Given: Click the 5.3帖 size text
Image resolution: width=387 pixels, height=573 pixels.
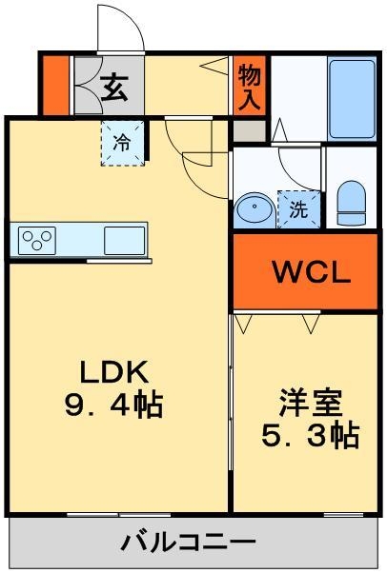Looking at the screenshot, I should [311, 436].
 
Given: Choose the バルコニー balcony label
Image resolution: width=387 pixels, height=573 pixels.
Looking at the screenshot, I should [188, 543].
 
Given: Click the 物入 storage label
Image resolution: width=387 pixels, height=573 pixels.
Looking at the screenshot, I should [249, 85].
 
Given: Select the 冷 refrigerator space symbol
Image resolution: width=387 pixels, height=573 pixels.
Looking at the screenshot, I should [122, 144].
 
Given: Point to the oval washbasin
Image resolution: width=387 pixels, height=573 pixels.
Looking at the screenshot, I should [254, 208].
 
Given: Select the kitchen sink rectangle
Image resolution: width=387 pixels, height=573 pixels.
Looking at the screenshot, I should [125, 238].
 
